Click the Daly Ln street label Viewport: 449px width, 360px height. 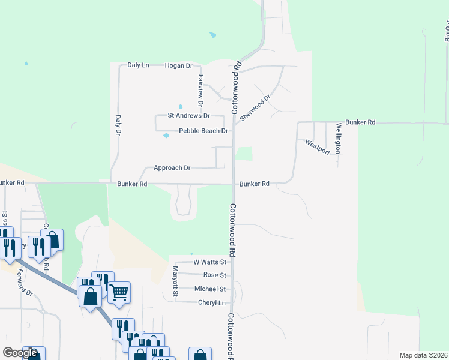138,65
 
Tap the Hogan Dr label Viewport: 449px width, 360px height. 178,65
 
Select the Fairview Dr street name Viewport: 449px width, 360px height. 200,88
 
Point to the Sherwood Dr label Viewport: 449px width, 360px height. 256,106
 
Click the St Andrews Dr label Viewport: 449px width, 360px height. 188,115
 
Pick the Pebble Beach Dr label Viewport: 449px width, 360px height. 203,131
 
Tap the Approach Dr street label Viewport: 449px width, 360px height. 172,168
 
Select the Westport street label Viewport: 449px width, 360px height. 318,147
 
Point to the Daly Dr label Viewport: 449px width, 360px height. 118,124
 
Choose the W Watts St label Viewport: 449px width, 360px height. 209,262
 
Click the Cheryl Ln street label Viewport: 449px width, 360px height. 212,303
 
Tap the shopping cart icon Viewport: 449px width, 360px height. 119,292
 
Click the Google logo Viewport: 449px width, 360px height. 20,353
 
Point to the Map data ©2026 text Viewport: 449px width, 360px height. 423,355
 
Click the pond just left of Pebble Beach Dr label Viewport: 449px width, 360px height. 166,136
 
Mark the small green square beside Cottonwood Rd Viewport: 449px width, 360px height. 244,154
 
